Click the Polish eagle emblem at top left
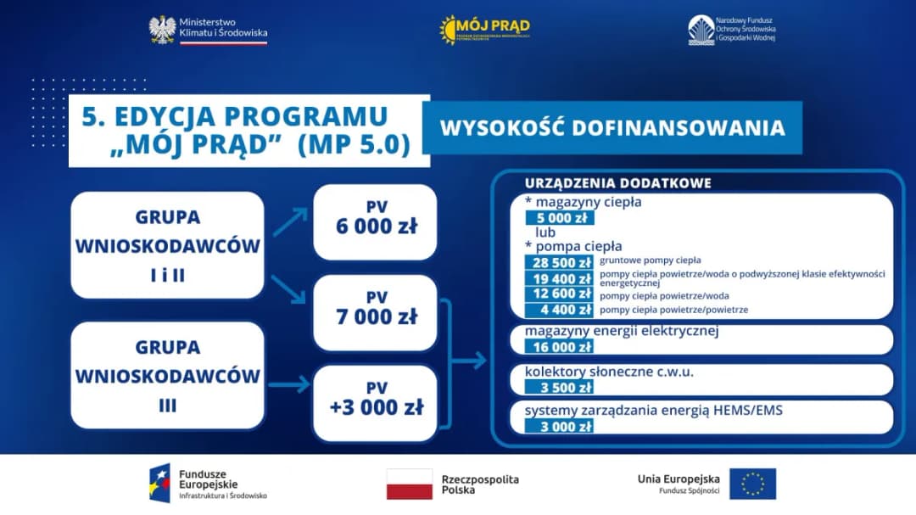(162, 30)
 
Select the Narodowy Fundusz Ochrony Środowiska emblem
(701, 30)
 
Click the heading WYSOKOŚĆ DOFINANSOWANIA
(612, 128)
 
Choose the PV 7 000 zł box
(375, 311)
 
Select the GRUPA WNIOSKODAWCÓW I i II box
(168, 245)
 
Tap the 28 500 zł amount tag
(559, 261)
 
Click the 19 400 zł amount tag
(559, 277)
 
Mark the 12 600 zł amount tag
(559, 294)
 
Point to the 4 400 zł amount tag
(559, 310)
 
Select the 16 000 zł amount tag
(559, 346)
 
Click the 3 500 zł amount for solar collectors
(559, 387)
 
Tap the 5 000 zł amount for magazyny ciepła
(559, 217)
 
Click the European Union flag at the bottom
(751, 484)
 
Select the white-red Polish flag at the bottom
(410, 484)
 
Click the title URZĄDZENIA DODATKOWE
(617, 183)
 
